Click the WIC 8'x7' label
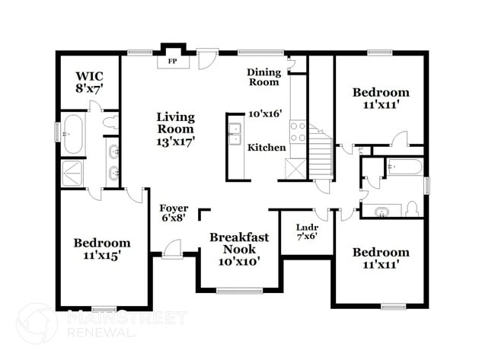tap(88, 82)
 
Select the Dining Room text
tap(263, 77)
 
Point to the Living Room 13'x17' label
tap(176, 129)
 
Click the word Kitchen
tap(267, 147)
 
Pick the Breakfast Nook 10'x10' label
tap(239, 249)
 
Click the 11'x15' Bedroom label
tap(101, 249)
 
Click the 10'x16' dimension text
tap(265, 113)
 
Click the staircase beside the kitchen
tap(321, 155)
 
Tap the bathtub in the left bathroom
tap(75, 135)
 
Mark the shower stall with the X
tap(75, 172)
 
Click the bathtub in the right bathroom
tap(404, 167)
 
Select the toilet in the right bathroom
tap(412, 208)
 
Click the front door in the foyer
tap(172, 248)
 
